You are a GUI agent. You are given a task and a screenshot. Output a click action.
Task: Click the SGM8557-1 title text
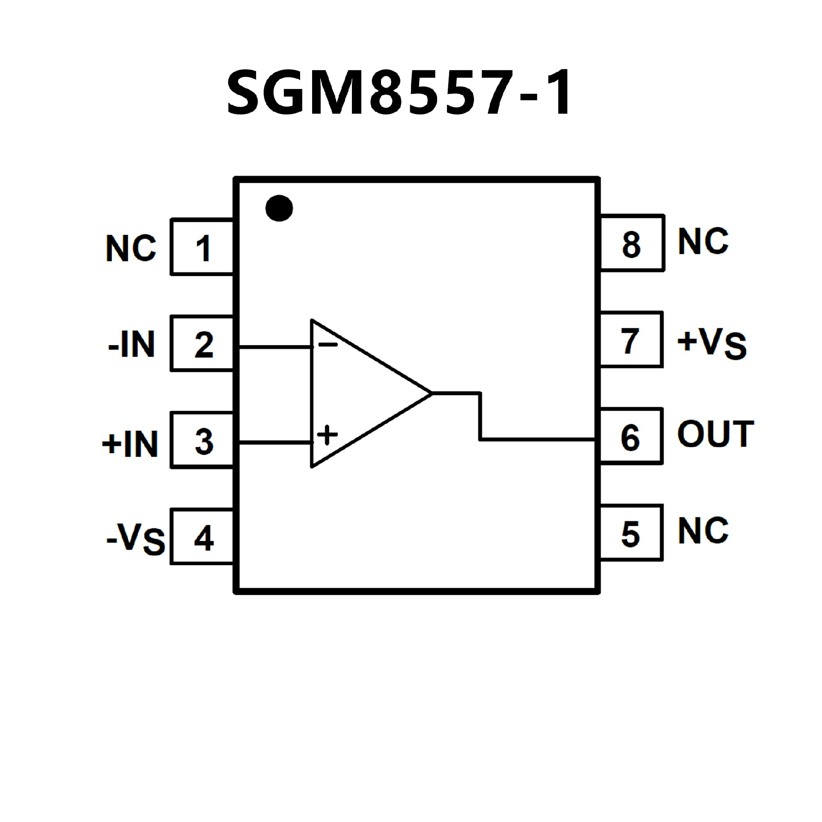coord(398,93)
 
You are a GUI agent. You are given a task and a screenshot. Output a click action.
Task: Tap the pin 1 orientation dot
coord(279,208)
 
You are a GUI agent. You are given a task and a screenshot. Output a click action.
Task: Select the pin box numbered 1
coord(202,247)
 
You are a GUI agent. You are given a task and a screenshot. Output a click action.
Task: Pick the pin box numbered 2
coord(202,344)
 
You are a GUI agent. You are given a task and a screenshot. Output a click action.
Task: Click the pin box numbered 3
coord(202,441)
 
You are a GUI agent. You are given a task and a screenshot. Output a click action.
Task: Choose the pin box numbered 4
coord(202,537)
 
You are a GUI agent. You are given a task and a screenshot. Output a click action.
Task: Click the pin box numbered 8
coord(632,243)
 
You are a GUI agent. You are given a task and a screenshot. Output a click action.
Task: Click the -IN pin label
coord(131,344)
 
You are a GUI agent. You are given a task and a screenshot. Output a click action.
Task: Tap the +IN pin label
coord(130,444)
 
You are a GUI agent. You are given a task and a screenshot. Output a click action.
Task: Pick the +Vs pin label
coord(712,344)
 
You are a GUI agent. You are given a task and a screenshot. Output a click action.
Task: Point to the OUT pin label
coord(715,434)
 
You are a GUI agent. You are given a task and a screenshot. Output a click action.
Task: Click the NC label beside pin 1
coord(131,248)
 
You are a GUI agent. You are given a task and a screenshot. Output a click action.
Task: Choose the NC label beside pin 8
coord(703,241)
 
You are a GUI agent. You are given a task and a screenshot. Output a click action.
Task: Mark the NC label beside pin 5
coord(703,531)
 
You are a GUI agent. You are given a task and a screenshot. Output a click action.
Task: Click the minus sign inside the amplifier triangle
coord(328,344)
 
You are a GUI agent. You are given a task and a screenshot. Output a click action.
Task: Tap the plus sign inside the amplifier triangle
coord(328,435)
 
